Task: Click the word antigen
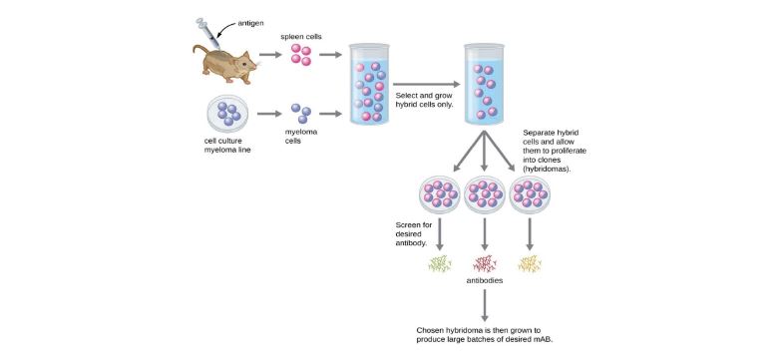pyautogui.click(x=251, y=22)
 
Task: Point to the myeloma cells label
pyautogui.click(x=299, y=136)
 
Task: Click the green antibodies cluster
pyautogui.click(x=440, y=263)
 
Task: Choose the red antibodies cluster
pyautogui.click(x=486, y=263)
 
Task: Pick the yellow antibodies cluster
pyautogui.click(x=530, y=263)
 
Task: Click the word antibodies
pyautogui.click(x=486, y=281)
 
